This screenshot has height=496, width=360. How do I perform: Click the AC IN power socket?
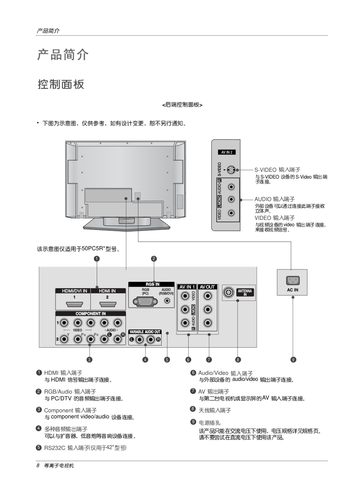(x=292, y=280)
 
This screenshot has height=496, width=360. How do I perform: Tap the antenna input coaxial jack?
(x=228, y=292)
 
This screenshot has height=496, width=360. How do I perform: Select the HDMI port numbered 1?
(x=73, y=304)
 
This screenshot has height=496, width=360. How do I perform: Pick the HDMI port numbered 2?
(x=108, y=304)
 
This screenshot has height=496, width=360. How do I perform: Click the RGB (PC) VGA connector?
(x=145, y=302)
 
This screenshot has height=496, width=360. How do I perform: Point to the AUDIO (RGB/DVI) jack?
(x=166, y=301)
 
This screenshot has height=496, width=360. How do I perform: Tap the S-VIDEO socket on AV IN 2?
(x=231, y=170)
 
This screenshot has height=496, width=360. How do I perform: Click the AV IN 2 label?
(x=226, y=152)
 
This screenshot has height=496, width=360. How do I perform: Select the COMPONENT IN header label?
(x=90, y=313)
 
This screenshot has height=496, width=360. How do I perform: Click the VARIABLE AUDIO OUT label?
(x=145, y=332)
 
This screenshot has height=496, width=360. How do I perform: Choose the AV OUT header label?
(x=207, y=287)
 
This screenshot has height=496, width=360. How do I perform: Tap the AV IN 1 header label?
(x=187, y=287)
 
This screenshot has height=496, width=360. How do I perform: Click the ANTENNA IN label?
(x=245, y=293)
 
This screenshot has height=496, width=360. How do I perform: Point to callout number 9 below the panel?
(x=294, y=360)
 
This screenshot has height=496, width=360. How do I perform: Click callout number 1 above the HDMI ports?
(x=97, y=259)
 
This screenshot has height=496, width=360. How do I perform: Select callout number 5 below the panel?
(x=167, y=360)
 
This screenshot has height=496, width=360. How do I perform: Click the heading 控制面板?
(x=61, y=84)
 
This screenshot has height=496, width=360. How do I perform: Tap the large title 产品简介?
(x=63, y=55)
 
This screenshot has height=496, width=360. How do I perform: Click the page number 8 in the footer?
(x=38, y=466)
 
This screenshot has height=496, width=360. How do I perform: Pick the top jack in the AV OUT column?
(x=207, y=296)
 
